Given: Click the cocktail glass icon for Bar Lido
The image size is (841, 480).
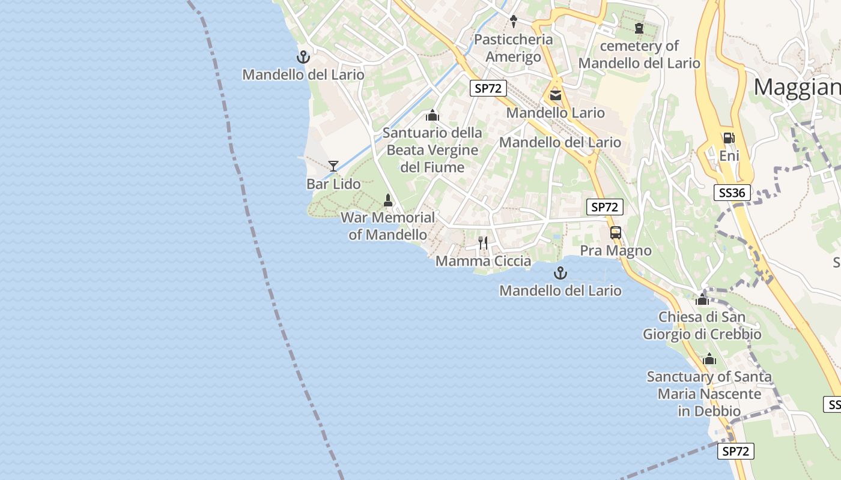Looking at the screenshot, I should coord(333,166).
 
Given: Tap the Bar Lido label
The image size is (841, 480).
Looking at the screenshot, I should coord(333,184).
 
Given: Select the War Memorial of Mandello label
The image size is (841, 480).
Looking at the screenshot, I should coord(387,226).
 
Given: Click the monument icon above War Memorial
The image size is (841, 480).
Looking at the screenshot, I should coord(388,200).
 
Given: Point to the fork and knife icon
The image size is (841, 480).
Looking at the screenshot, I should coord(483,242).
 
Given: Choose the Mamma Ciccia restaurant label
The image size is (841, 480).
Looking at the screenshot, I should coord(483,261).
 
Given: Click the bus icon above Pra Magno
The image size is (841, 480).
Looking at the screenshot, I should coord(615,233).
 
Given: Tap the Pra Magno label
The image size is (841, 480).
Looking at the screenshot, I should coord(615,251).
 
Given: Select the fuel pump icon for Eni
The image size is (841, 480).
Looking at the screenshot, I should coord(729,137).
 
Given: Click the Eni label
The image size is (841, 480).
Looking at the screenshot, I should coord(729,156).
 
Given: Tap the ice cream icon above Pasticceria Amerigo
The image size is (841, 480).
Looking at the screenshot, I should coord(513,22).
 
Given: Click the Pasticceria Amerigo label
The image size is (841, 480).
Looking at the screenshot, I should coord(513,48).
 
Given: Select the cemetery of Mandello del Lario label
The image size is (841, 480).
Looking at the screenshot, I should coord(639,55).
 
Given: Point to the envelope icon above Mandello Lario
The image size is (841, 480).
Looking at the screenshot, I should coord(555,95).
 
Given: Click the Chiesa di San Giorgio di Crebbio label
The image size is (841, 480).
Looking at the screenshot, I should coord(702,326).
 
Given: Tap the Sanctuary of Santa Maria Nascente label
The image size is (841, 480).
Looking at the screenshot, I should coord(709,394).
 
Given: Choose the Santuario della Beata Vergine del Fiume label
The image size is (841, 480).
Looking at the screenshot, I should coord(433,150).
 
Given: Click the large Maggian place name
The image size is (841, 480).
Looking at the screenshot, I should coord(797,88).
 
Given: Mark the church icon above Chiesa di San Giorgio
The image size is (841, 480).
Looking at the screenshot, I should coord(702,299).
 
